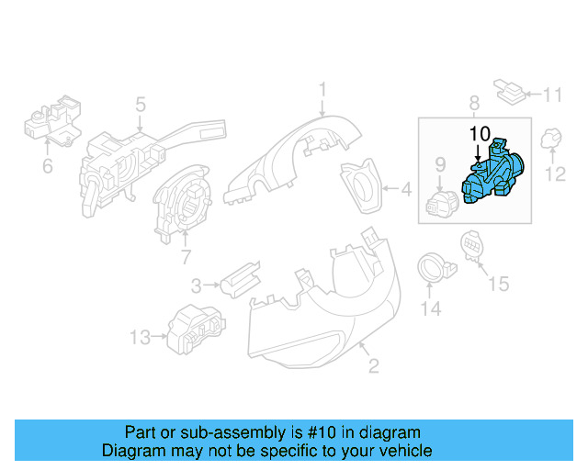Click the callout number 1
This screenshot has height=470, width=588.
323,89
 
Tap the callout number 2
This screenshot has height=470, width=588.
374,368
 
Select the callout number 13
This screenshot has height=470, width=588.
139,338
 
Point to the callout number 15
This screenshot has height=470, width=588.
497,284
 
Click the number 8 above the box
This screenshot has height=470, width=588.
474,103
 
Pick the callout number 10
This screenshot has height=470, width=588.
481,133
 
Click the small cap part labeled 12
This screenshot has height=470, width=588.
553,140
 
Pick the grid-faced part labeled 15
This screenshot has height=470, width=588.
470,244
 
